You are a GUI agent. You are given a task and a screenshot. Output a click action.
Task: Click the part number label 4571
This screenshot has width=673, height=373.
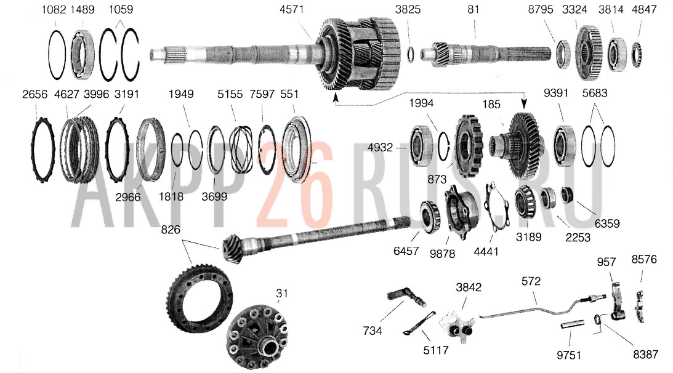(x=291, y=9)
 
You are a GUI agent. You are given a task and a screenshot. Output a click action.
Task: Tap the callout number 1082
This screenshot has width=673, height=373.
(x=53, y=9)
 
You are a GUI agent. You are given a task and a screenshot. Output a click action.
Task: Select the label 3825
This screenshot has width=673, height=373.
(x=408, y=9)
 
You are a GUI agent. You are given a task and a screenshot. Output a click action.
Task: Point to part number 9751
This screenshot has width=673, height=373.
(x=569, y=355)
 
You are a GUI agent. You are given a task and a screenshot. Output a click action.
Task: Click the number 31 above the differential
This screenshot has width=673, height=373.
(x=281, y=293)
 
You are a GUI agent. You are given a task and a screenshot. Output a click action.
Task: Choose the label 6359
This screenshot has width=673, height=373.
(x=607, y=223)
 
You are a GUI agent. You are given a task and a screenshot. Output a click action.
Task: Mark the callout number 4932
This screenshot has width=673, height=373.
(x=381, y=147)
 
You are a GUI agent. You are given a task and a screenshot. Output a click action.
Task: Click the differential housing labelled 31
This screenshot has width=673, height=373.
(x=257, y=335)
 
